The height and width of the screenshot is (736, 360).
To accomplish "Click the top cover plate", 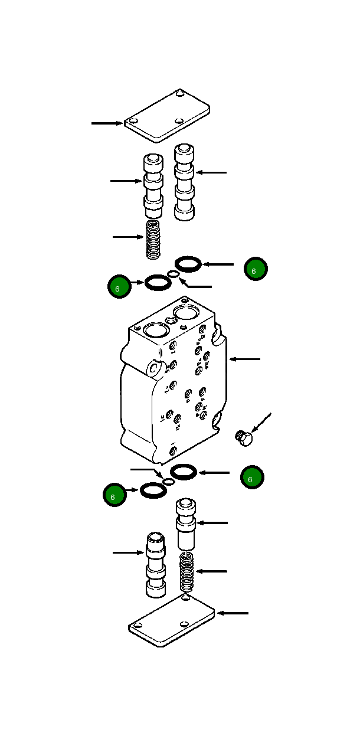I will (168, 116).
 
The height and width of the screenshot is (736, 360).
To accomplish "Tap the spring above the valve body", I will (153, 239).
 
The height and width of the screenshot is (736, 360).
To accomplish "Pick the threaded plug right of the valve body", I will (243, 439).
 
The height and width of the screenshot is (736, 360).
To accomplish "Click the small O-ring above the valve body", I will (174, 273).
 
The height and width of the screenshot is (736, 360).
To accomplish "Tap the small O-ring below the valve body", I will (169, 482).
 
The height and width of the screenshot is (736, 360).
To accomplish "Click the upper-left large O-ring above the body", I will (158, 283).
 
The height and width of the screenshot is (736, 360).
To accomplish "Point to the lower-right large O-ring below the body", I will (184, 472).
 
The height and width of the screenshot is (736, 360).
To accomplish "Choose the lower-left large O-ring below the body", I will (154, 490).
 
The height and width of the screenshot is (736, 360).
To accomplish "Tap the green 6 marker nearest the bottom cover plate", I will (114, 495).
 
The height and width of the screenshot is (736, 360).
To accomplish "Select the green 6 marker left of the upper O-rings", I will (120, 287).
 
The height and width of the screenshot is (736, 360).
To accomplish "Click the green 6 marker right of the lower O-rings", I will (252, 477).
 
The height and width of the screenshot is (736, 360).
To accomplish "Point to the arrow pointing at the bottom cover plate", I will (233, 613).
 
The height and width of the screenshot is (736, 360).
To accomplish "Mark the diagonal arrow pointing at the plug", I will (261, 424).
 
